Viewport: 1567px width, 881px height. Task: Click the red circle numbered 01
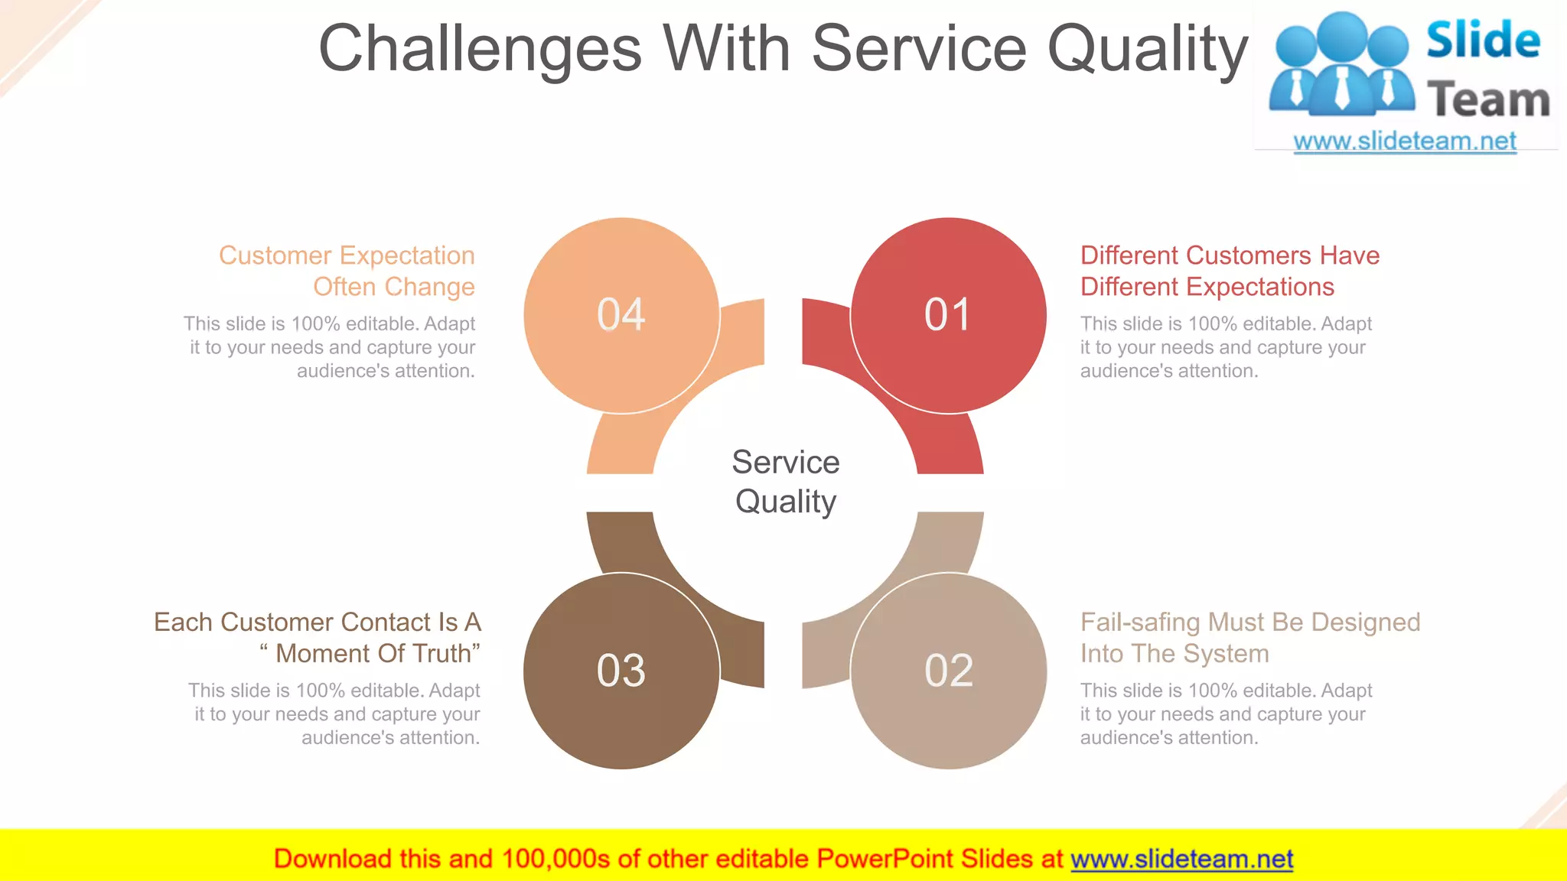point(948,315)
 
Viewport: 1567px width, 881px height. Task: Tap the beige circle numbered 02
point(948,671)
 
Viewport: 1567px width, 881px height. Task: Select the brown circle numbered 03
point(621,671)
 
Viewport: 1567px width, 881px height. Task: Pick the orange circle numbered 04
point(621,315)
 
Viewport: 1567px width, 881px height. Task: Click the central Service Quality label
point(785,482)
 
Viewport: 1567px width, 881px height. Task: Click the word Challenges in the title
point(480,49)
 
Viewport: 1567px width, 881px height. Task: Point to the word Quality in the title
point(1147,49)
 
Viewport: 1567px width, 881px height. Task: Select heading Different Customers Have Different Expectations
point(1229,271)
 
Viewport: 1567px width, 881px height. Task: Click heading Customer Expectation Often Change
point(347,271)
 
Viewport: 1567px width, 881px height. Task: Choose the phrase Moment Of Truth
point(374,654)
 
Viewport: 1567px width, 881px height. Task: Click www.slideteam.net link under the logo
point(1404,141)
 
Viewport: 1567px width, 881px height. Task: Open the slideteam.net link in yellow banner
point(1181,860)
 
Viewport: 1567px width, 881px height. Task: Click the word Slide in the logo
point(1482,40)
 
